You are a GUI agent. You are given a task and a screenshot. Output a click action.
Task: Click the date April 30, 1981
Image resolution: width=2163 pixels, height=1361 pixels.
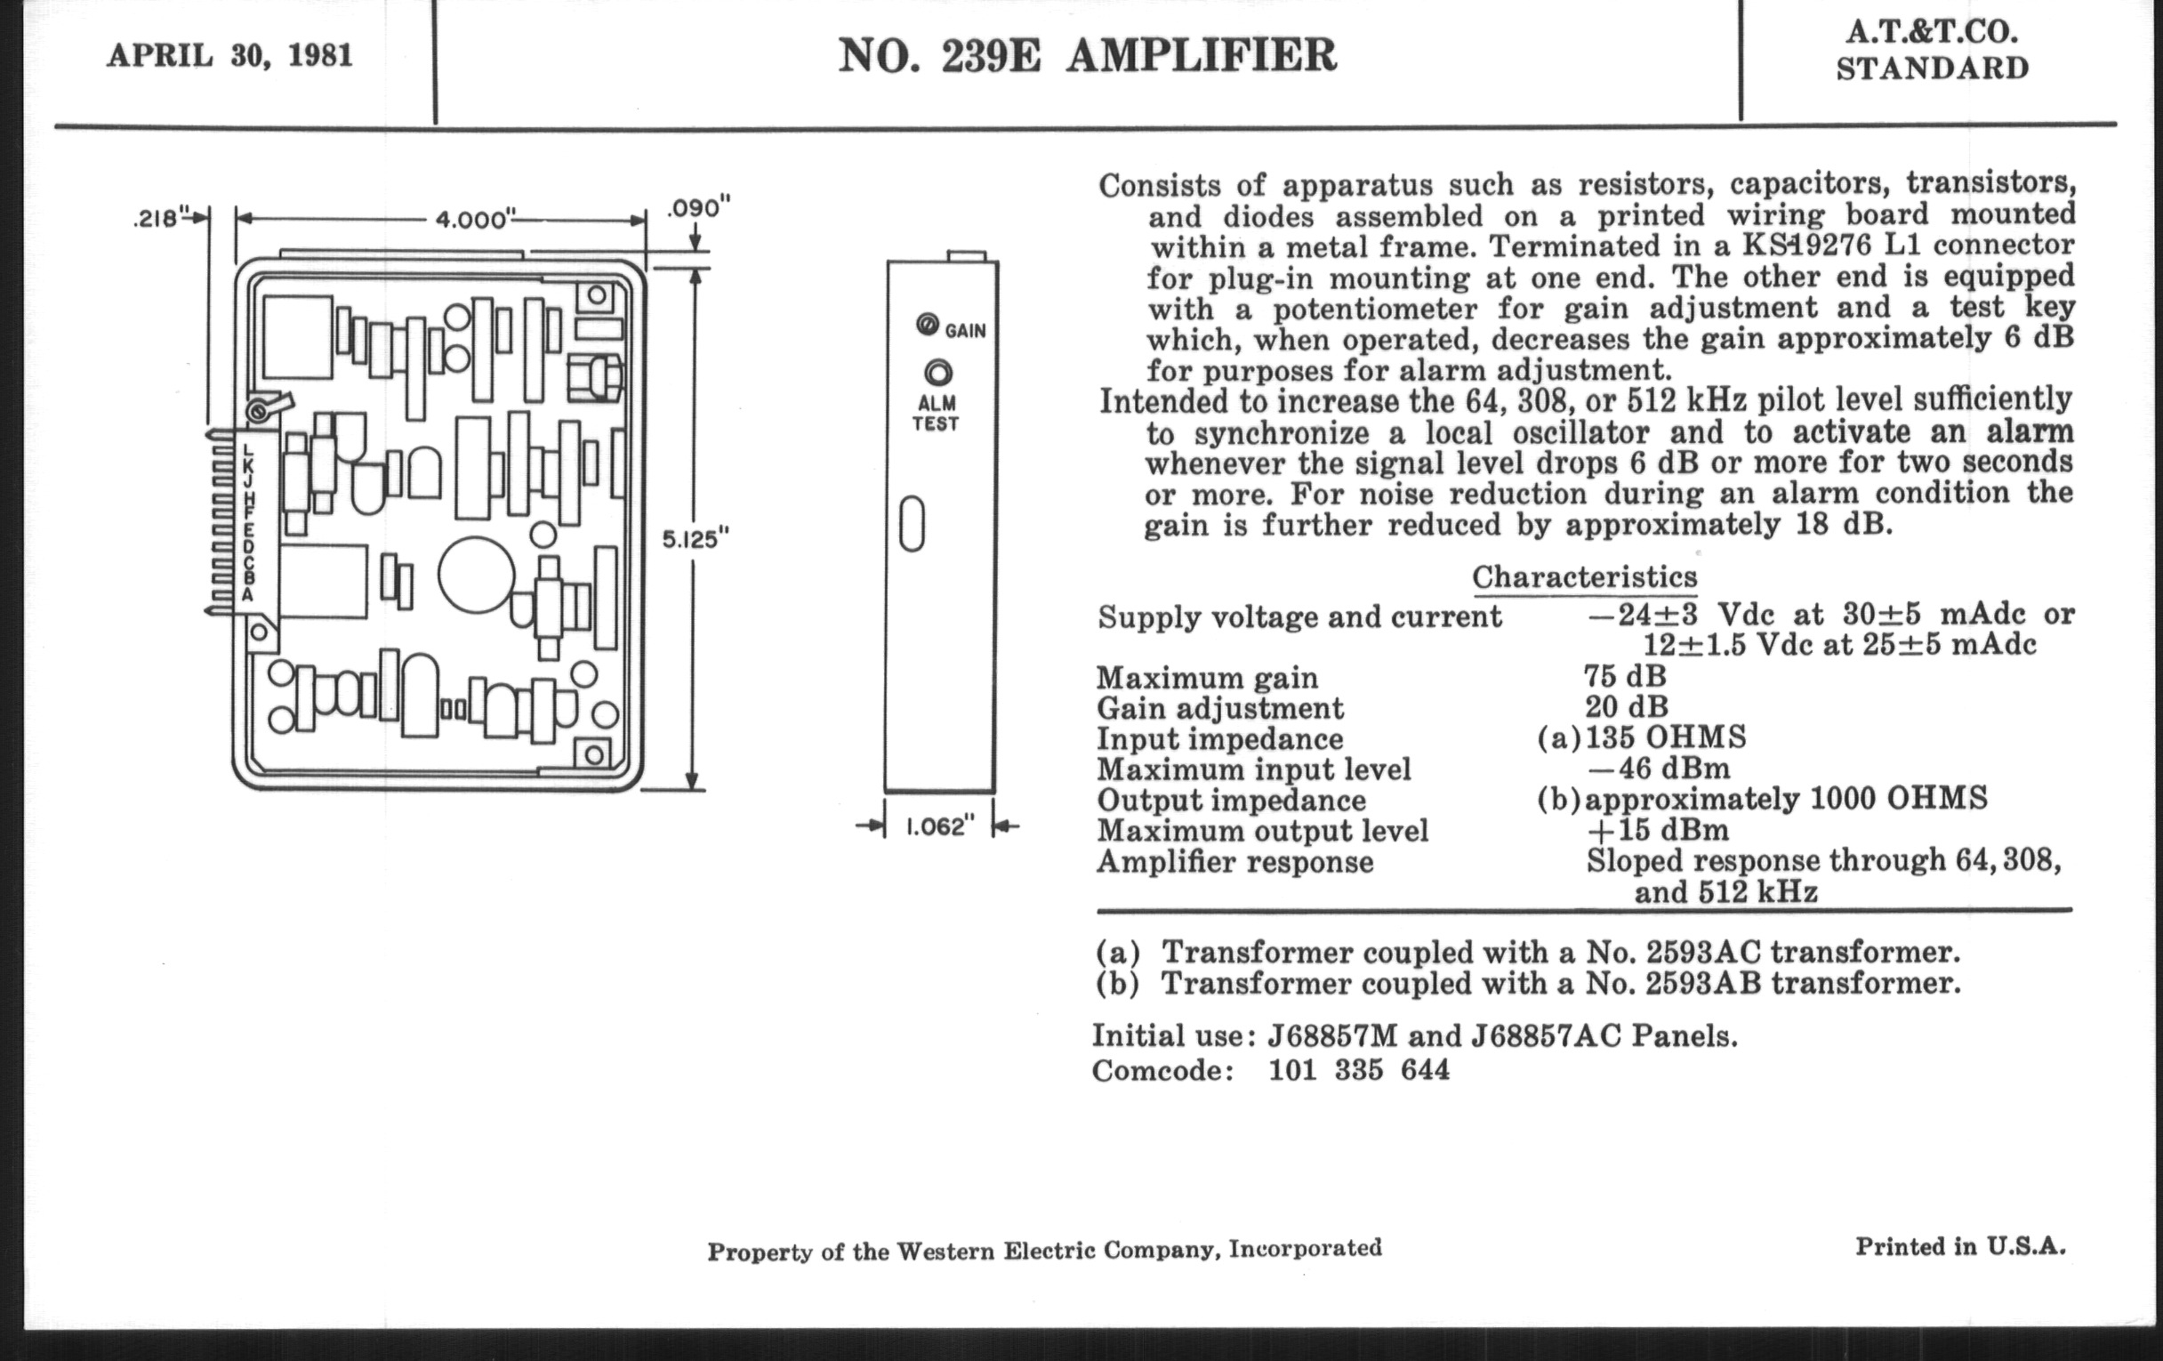tap(229, 56)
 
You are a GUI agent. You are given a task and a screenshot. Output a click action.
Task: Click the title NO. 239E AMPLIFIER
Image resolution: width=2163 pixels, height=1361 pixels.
tap(1087, 56)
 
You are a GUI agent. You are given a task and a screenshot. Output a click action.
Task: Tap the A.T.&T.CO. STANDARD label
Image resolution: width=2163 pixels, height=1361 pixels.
tap(1931, 51)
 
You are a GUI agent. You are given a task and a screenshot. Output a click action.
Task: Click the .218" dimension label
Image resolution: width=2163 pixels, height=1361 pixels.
tap(160, 218)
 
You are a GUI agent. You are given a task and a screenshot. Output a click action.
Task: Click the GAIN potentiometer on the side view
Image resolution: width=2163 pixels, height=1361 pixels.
tap(927, 325)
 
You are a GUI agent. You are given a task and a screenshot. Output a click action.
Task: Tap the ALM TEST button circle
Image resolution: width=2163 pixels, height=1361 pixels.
tap(938, 372)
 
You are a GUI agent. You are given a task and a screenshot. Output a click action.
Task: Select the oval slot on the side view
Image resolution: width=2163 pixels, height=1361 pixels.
tap(912, 523)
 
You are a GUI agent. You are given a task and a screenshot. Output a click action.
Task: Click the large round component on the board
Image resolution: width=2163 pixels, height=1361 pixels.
tap(476, 575)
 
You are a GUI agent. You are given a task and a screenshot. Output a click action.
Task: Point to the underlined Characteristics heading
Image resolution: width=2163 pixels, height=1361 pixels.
tap(1585, 576)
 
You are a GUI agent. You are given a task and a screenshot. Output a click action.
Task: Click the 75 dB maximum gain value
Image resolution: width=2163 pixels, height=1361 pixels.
tap(1625, 675)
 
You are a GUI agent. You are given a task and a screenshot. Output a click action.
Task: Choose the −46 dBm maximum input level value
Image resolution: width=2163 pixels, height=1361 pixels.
tap(1658, 769)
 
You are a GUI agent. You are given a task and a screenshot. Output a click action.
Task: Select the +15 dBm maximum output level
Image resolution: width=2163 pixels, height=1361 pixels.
tap(1658, 829)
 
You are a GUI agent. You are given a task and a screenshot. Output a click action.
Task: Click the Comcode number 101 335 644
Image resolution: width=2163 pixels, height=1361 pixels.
tap(1358, 1070)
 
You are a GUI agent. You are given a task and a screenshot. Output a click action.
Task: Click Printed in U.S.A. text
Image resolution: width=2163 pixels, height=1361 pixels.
tap(1960, 1247)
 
